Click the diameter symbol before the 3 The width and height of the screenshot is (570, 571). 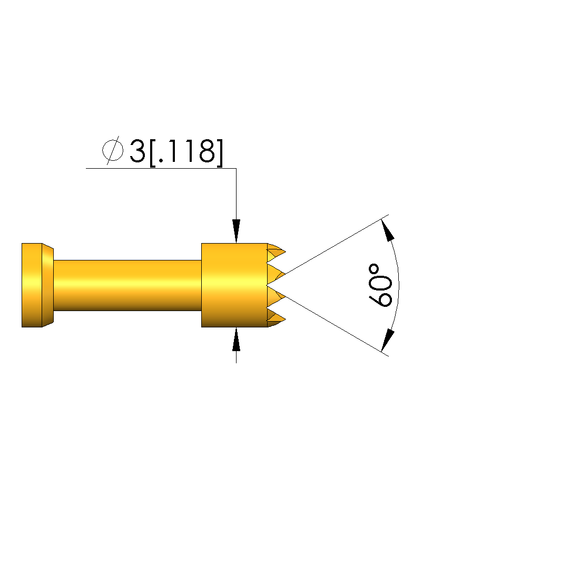coord(113,150)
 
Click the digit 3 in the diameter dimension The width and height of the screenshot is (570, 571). coord(137,151)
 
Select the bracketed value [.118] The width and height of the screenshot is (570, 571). coord(186,152)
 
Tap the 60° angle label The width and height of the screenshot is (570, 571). coord(380,285)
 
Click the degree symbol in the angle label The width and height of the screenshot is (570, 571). coord(374,269)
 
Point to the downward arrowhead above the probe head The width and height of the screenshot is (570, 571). coord(237,230)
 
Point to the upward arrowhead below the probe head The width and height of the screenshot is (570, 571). coord(237,340)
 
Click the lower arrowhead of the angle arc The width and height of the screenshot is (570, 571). coord(388,340)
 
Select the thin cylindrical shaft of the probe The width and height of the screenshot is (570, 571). coord(127,286)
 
